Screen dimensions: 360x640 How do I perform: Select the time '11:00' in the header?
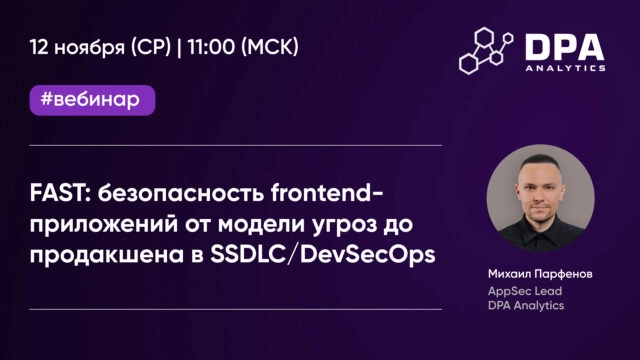(x=214, y=48)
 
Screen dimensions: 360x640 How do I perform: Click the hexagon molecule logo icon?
(x=485, y=50)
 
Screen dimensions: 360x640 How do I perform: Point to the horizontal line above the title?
(x=236, y=146)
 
